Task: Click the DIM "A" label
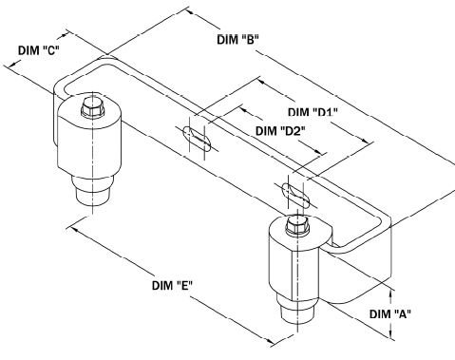(x=389, y=313)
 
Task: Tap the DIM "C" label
(x=40, y=50)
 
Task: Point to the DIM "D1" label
(x=314, y=113)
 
